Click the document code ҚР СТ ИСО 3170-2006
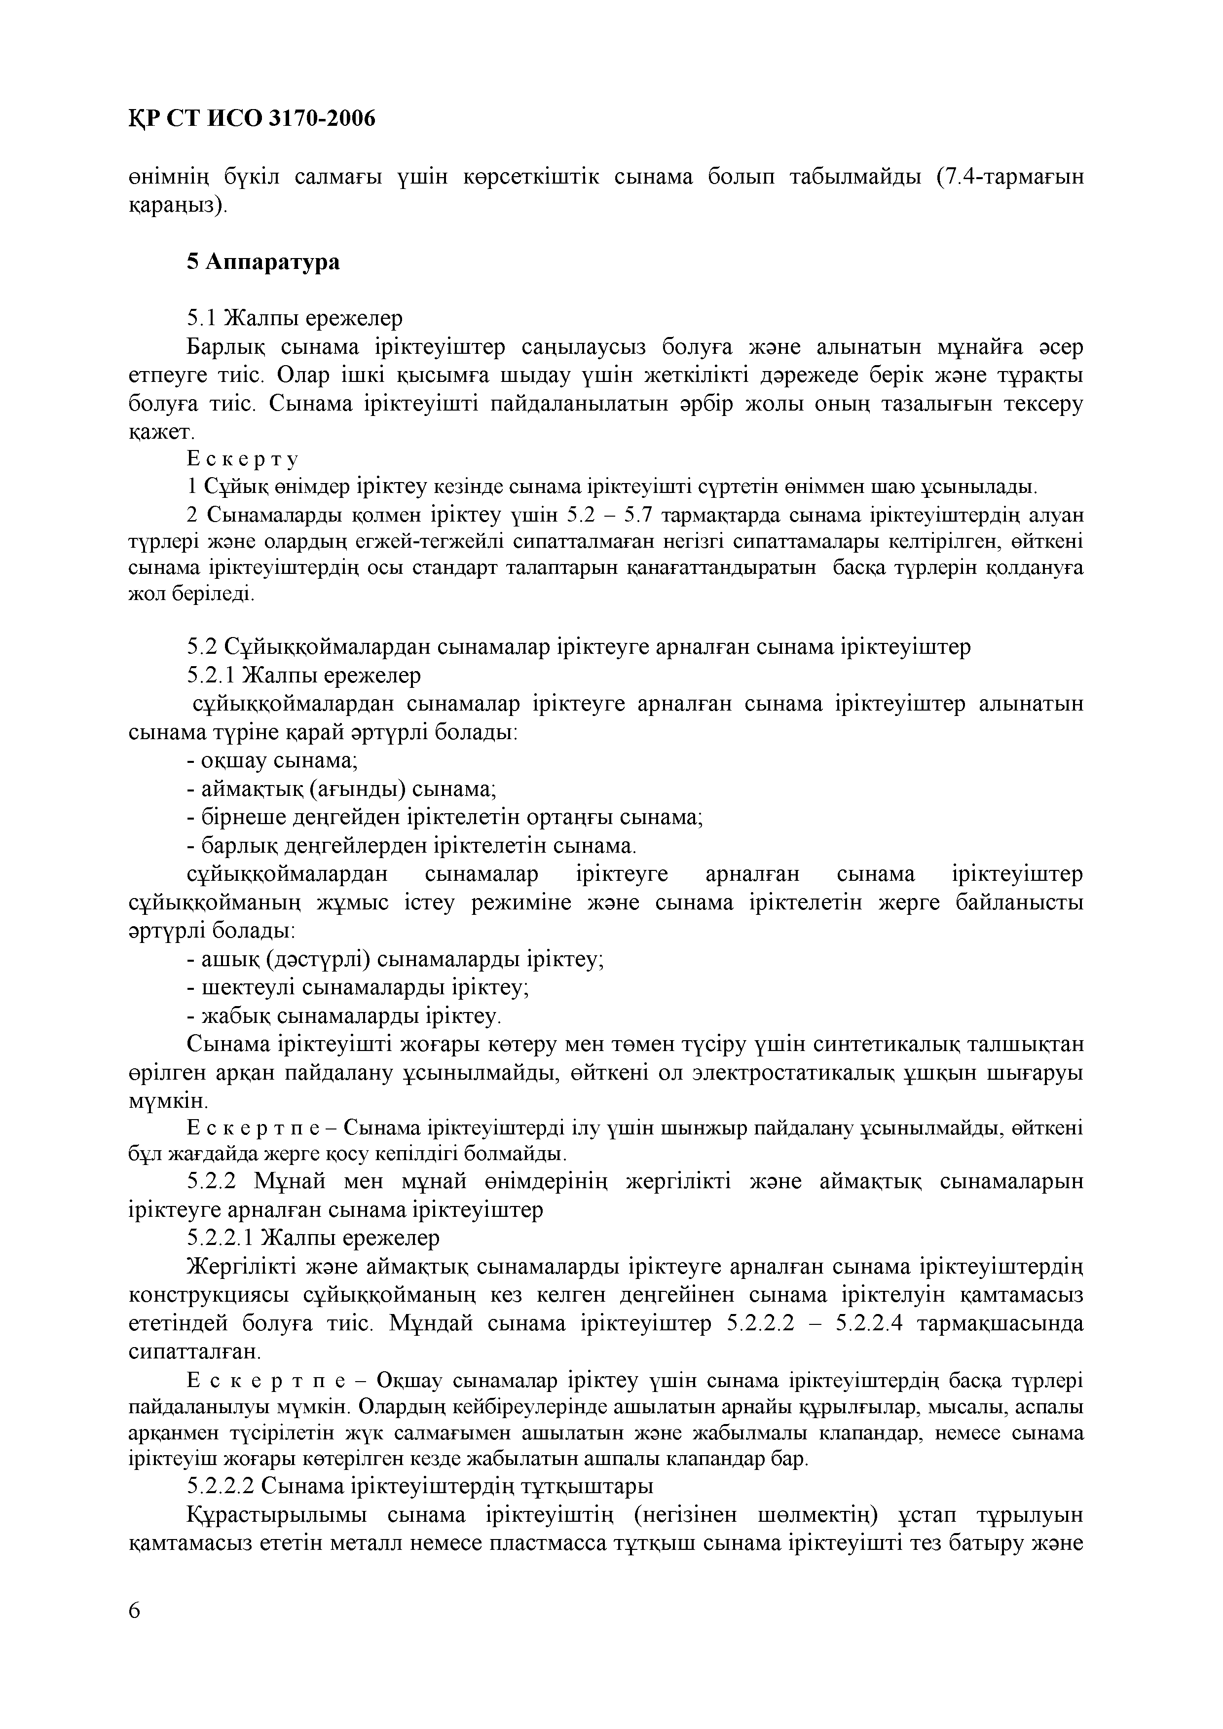(x=252, y=118)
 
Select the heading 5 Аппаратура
(x=263, y=262)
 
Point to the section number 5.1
(x=202, y=319)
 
